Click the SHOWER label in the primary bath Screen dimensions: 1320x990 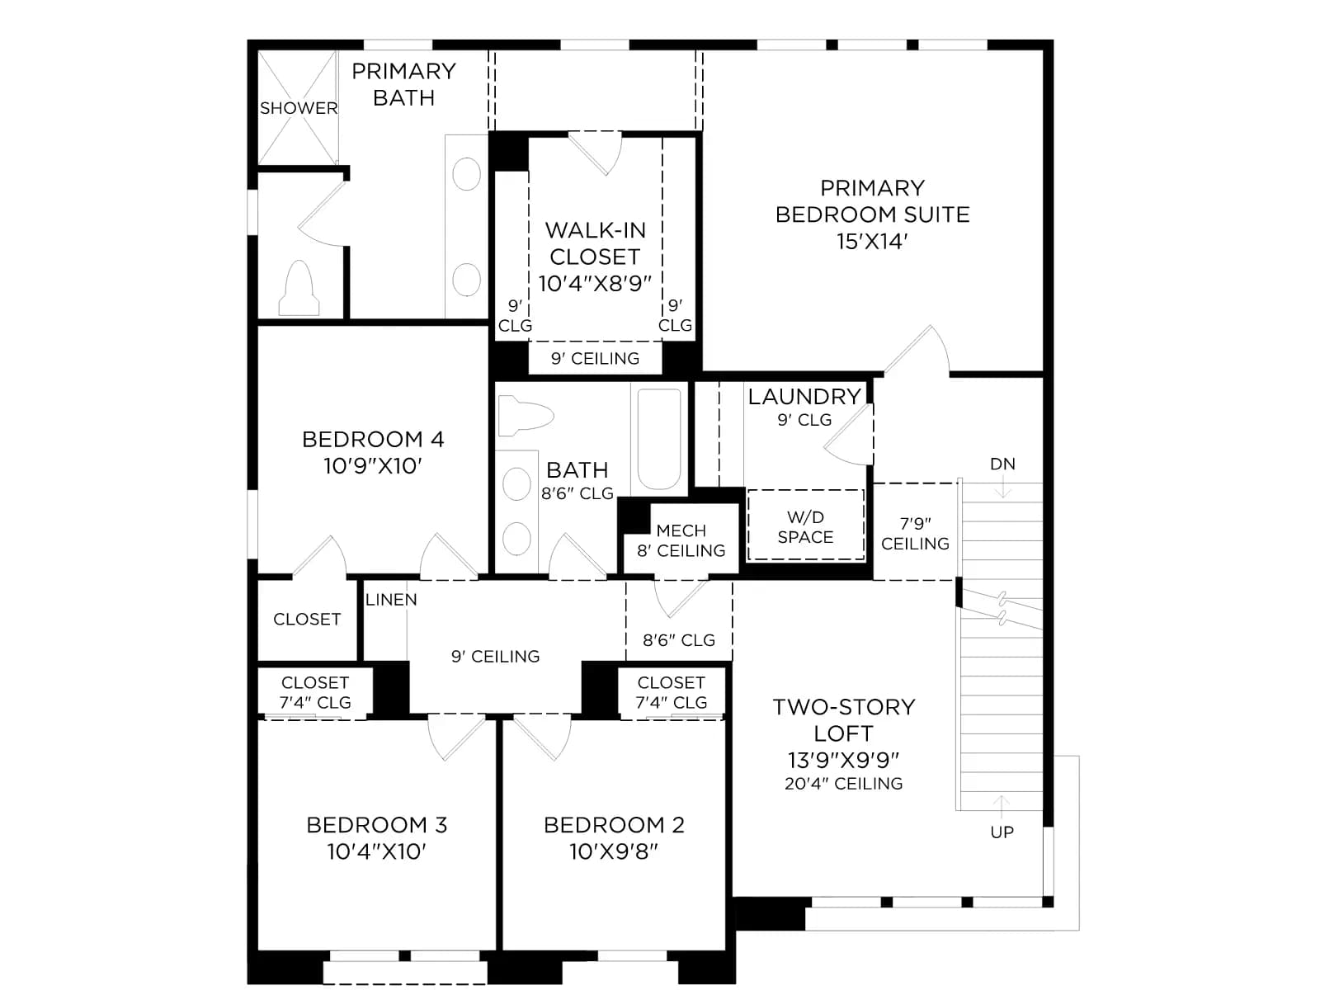pyautogui.click(x=299, y=108)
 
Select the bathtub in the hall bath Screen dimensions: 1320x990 pyautogui.click(x=659, y=439)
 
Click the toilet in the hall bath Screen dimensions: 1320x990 pyautogui.click(x=525, y=415)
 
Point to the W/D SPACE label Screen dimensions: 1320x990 pyautogui.click(x=805, y=527)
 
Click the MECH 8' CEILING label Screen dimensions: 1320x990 pyautogui.click(x=681, y=540)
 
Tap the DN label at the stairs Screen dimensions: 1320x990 pyautogui.click(x=1002, y=464)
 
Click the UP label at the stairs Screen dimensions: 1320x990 pyautogui.click(x=1002, y=832)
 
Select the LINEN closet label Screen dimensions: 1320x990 pyautogui.click(x=391, y=599)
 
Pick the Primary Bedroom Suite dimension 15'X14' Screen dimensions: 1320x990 pyautogui.click(x=872, y=241)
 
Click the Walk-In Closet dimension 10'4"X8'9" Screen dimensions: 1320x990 pyautogui.click(x=595, y=283)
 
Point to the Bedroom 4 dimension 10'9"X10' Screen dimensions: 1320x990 pyautogui.click(x=373, y=466)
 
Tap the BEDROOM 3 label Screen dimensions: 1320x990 pyautogui.click(x=376, y=825)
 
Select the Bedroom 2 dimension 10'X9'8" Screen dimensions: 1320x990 pyautogui.click(x=614, y=851)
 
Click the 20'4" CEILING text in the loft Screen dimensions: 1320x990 pyautogui.click(x=844, y=783)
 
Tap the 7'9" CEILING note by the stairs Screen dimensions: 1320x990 pyautogui.click(x=915, y=533)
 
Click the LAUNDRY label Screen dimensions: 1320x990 pyautogui.click(x=804, y=397)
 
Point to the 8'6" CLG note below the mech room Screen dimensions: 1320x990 pyautogui.click(x=679, y=640)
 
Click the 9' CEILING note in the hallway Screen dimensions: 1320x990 pyautogui.click(x=496, y=657)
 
